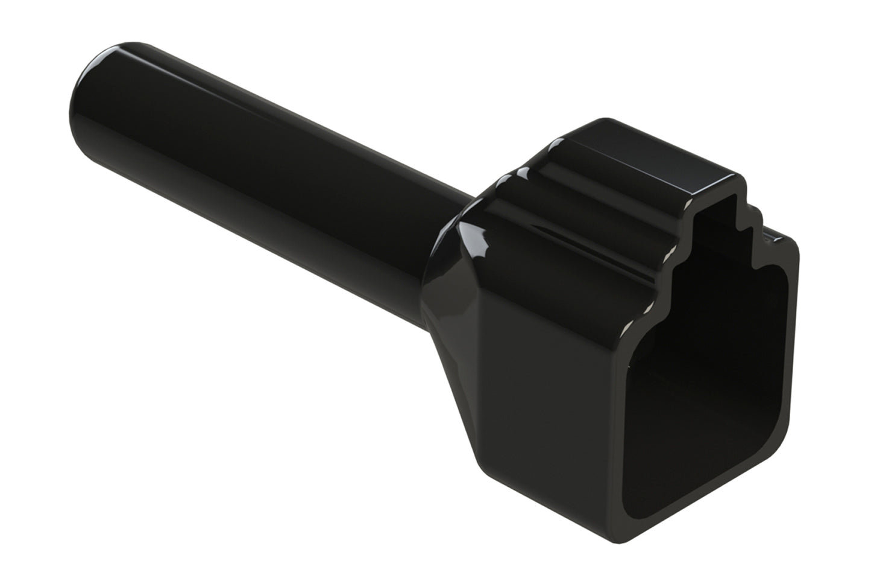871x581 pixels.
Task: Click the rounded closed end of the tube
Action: tap(90, 90)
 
